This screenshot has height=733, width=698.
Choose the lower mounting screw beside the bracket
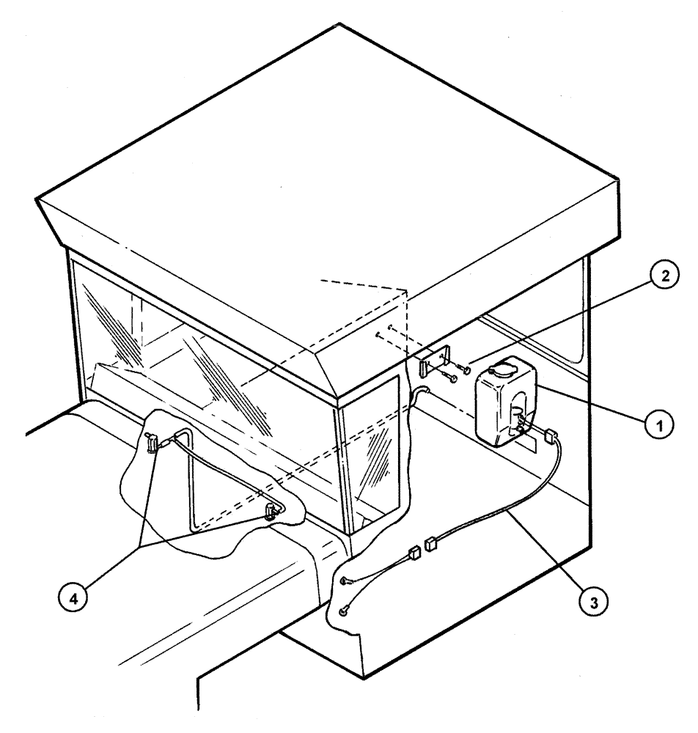(x=450, y=379)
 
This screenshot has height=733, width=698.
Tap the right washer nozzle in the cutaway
(x=273, y=509)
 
